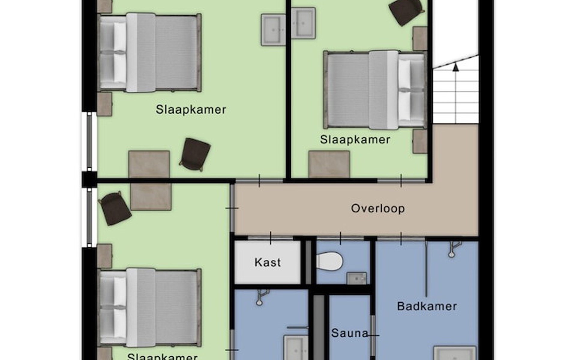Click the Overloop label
[378, 208]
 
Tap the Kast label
[268, 262]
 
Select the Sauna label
[350, 333]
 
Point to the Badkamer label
[427, 306]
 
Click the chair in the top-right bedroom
[406, 11]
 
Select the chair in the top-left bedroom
[195, 154]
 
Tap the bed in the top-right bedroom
[375, 90]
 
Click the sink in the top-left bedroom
[273, 30]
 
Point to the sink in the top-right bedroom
[304, 23]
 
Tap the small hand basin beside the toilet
[357, 278]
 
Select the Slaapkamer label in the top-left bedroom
[191, 109]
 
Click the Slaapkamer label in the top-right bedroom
[355, 139]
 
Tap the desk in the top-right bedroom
[329, 164]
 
